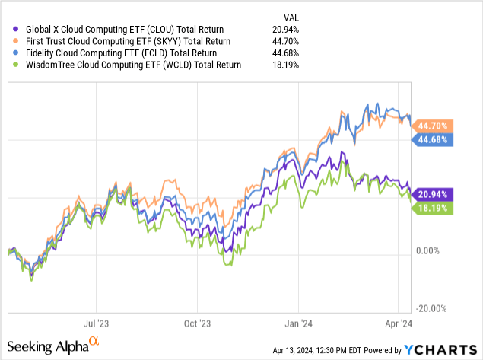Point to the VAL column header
coord(290,14)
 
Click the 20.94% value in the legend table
coord(284,28)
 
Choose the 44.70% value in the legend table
coord(284,40)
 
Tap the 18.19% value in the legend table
coord(284,65)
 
